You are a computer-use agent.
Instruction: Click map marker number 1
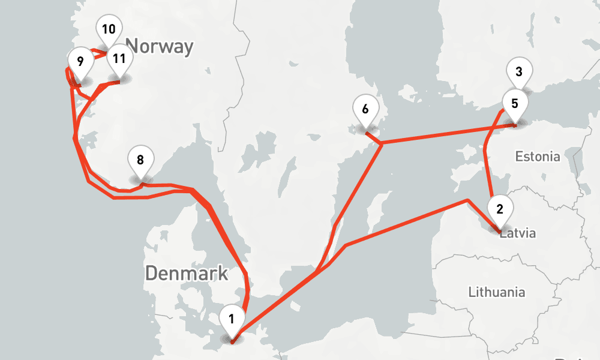point(232,319)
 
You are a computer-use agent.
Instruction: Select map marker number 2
point(500,209)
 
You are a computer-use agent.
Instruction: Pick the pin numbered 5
point(514,103)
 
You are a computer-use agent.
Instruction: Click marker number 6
point(365,110)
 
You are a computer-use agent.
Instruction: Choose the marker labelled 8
point(140,160)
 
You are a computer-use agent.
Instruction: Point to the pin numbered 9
point(80,61)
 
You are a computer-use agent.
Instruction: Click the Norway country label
point(160,47)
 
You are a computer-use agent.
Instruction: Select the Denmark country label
point(187,274)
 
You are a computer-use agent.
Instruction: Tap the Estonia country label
point(538,157)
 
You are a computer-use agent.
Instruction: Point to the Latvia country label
point(518,233)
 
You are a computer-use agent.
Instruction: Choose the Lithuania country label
point(497,293)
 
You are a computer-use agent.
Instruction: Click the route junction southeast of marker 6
point(382,143)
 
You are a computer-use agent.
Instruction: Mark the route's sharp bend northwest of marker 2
point(467,200)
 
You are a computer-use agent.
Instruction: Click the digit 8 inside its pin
point(140,160)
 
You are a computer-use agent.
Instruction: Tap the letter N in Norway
point(133,47)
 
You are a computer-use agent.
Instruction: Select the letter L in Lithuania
point(472,293)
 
